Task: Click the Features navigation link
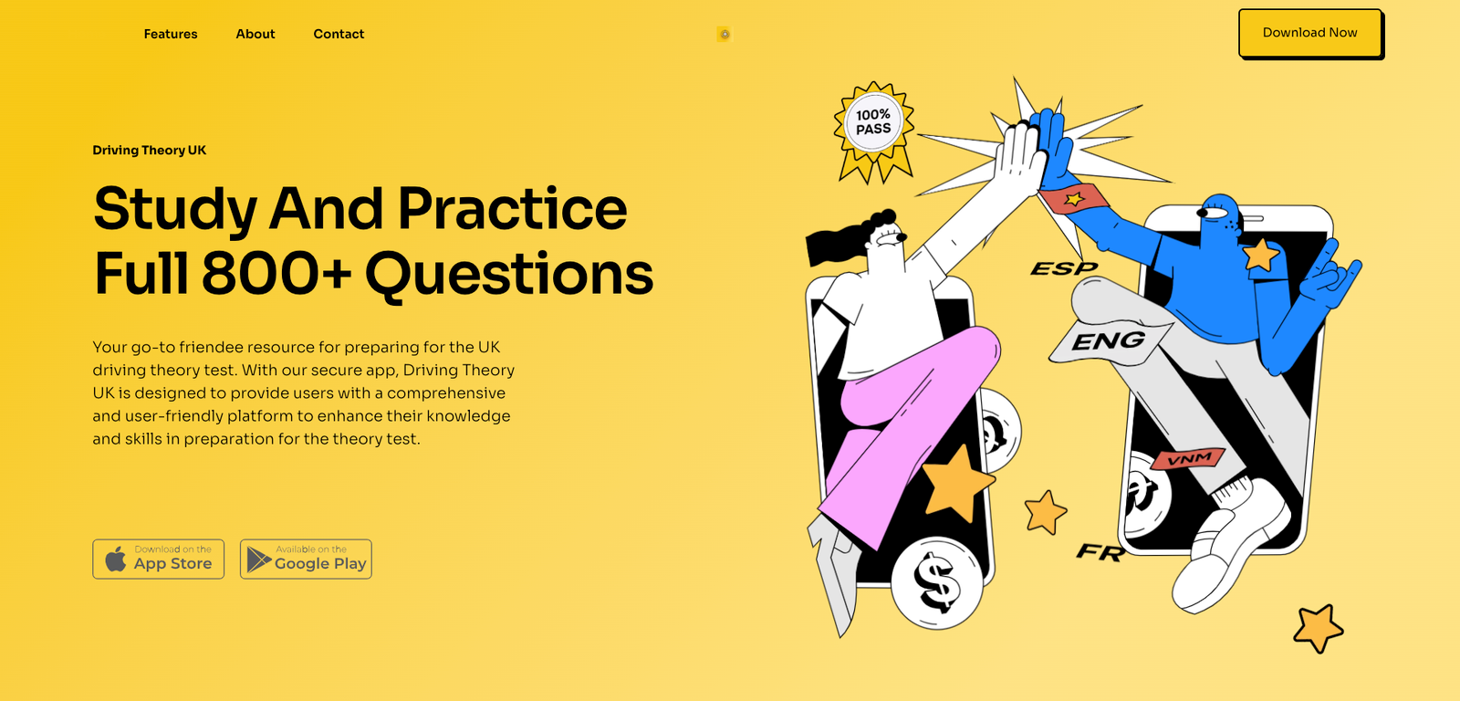pos(171,34)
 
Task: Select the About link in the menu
pos(255,34)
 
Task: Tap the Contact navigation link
pos(339,34)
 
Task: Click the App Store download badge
pos(159,559)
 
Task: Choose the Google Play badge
pos(306,559)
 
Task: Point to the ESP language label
pos(1064,268)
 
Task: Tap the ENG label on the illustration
pos(1109,340)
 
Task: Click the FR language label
pos(1100,552)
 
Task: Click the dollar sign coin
pos(936,582)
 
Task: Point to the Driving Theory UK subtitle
pos(150,150)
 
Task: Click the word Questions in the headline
pos(509,275)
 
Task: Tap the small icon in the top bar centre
pos(725,34)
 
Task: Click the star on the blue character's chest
pos(1260,255)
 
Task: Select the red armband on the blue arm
pos(1073,198)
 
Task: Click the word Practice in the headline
pos(512,209)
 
